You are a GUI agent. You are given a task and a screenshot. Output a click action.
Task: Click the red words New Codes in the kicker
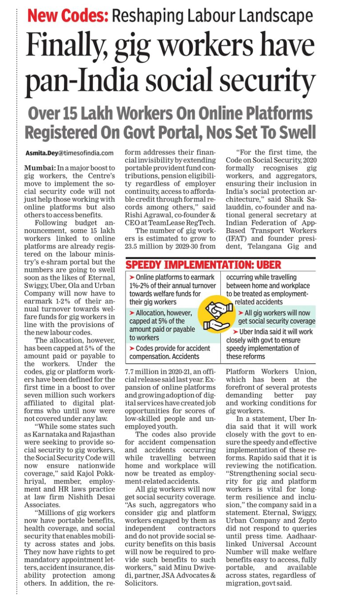pyautogui.click(x=68, y=16)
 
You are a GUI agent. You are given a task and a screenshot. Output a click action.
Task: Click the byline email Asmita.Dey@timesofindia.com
pyautogui.click(x=69, y=153)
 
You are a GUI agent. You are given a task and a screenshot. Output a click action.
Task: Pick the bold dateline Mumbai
pyautogui.click(x=40, y=168)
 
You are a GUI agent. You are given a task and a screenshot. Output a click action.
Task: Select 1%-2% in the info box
pyautogui.click(x=142, y=286)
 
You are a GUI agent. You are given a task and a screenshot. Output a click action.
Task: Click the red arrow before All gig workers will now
pyautogui.click(x=241, y=313)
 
